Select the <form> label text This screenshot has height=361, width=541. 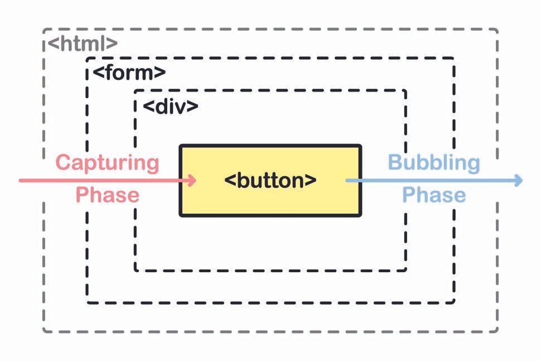point(129,73)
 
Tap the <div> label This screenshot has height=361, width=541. point(171,106)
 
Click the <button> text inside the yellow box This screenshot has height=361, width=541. point(270,180)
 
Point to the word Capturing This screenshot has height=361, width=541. point(108,163)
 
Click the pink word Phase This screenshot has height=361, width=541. point(107,195)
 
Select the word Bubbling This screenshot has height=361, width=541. point(433,163)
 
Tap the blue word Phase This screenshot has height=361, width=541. point(434,195)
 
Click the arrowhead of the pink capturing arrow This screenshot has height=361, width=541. point(193,180)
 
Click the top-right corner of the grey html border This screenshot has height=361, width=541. point(496,30)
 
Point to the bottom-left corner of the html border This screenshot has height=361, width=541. point(44,331)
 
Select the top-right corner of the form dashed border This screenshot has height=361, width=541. point(453,58)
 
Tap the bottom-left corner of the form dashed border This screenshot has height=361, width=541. point(88,302)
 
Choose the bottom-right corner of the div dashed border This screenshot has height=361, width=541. point(405,270)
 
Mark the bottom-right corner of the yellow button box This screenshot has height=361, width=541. point(360,214)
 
